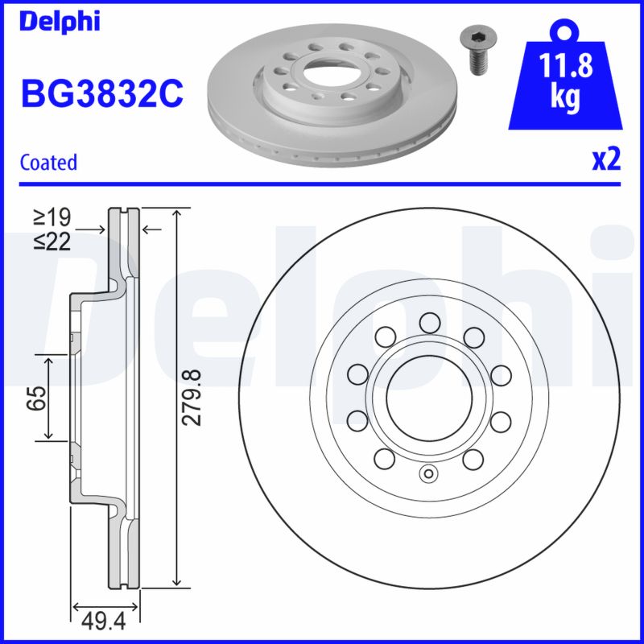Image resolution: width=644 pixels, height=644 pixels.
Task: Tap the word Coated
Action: click(x=48, y=162)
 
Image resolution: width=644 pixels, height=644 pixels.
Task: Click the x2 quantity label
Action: click(x=606, y=160)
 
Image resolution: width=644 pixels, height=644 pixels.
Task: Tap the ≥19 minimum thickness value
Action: click(x=52, y=217)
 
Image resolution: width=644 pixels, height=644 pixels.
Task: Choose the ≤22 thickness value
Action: click(x=52, y=241)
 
